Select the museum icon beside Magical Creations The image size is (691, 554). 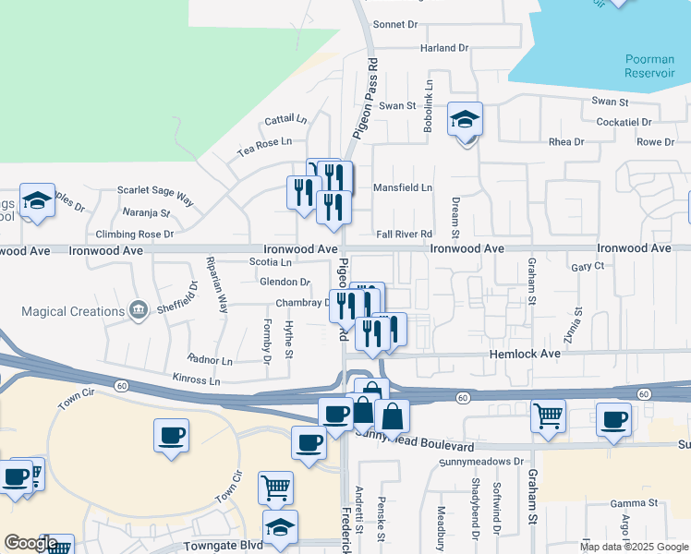139,308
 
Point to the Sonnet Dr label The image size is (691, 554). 396,25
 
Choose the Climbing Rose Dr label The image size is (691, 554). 134,235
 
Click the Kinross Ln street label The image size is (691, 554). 197,379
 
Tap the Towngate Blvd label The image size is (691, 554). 224,546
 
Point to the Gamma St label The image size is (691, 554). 633,503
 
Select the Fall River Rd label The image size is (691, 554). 405,235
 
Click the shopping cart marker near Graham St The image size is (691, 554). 549,416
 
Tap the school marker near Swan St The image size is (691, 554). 466,120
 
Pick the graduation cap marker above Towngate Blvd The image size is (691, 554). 280,527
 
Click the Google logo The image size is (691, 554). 30,543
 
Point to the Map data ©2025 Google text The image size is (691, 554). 633,547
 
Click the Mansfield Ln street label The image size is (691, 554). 402,187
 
